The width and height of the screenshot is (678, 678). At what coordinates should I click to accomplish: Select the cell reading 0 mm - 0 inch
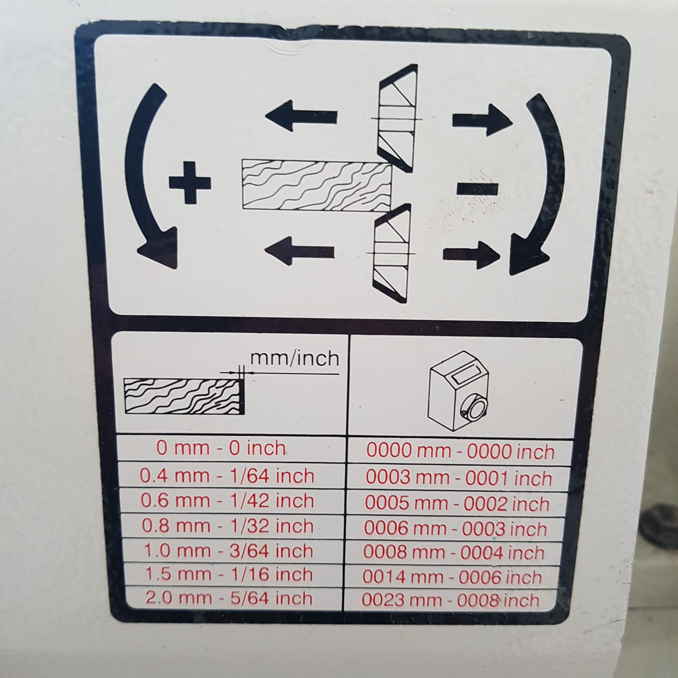tap(221, 449)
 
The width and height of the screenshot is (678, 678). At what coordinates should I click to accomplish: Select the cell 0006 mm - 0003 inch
tap(456, 528)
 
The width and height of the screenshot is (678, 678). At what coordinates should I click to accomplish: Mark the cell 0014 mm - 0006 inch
tap(453, 577)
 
